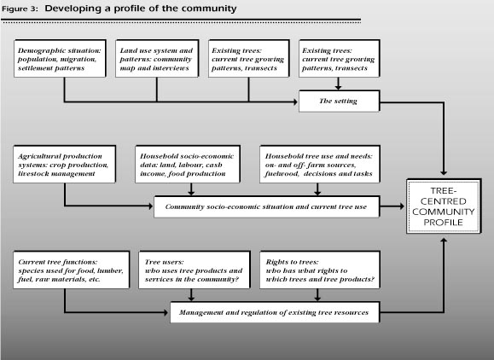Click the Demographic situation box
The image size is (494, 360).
point(60,58)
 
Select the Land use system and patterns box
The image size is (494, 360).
point(157,58)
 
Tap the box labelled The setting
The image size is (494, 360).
point(340,102)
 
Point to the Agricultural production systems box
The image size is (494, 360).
point(64,164)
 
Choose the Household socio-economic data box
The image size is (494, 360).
point(188,164)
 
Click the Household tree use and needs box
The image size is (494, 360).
point(320,164)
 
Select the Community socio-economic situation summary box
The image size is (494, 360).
point(266,206)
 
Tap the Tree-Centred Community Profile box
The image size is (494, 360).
point(444,206)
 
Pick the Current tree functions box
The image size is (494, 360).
point(71,270)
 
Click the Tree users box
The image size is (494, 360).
point(195,270)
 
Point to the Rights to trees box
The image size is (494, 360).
point(320,270)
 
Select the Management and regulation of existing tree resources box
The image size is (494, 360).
point(275,312)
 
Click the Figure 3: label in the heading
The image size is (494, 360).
point(20,9)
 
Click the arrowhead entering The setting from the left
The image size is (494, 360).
point(295,102)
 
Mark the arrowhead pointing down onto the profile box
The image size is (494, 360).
point(444,173)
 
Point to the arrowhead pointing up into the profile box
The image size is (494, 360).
point(444,240)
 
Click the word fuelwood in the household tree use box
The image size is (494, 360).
point(282,173)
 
